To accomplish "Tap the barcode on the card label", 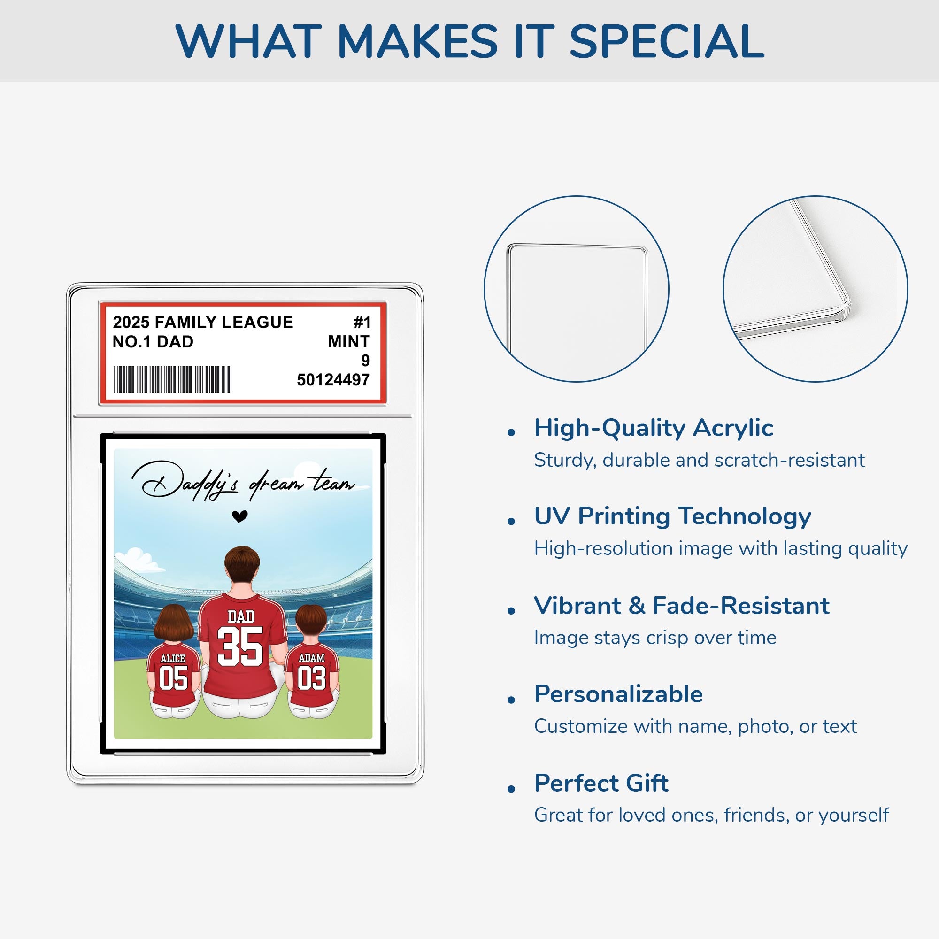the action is (x=171, y=379).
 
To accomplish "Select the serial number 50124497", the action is (x=333, y=379).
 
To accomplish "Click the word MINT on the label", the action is (x=349, y=341).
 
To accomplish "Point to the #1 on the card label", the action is (x=362, y=322).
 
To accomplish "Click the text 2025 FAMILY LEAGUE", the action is (x=203, y=322).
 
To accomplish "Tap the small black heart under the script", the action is (x=239, y=516).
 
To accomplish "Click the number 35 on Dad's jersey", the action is (x=240, y=646).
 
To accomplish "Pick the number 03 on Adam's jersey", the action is (x=312, y=678).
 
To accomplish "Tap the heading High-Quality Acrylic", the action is (x=654, y=428).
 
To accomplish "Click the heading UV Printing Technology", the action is (x=673, y=516).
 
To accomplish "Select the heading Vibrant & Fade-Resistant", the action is (x=682, y=606).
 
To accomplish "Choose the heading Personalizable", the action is (x=618, y=694).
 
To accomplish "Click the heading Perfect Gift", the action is (x=601, y=783).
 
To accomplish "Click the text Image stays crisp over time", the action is (x=655, y=638).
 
